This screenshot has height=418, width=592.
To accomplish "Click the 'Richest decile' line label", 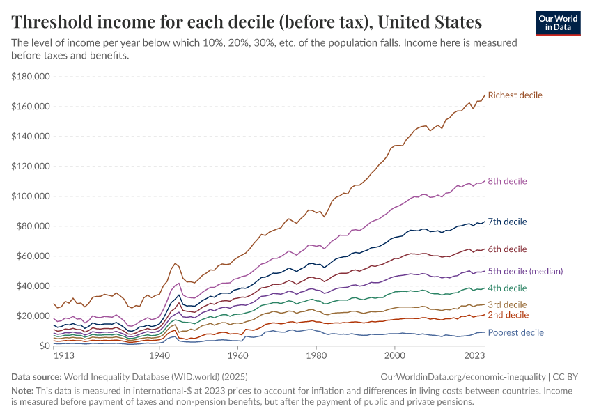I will pos(515,95).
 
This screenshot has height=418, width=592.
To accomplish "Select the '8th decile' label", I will pos(507,181).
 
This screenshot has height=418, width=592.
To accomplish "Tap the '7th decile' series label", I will pos(507,222).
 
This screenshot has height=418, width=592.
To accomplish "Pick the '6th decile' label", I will pos(507,249).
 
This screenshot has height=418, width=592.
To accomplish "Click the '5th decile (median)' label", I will pos(525,271).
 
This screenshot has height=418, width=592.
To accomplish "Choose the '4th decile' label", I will pos(507,288).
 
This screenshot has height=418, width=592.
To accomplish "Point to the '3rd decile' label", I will pos(507,304).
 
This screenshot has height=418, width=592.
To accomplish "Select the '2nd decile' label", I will pos(507,315).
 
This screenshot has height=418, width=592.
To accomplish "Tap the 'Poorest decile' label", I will pos(515,333).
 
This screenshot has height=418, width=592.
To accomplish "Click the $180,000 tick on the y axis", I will pos(31,77).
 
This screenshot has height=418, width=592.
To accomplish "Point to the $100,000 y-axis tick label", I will pos(31,196).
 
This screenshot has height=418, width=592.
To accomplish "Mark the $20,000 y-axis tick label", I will pos(33,316).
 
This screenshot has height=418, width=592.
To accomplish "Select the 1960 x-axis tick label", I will pos(237,355).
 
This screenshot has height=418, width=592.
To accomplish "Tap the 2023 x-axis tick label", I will pos(474,355).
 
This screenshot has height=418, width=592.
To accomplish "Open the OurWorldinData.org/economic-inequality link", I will pos(462,376).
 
